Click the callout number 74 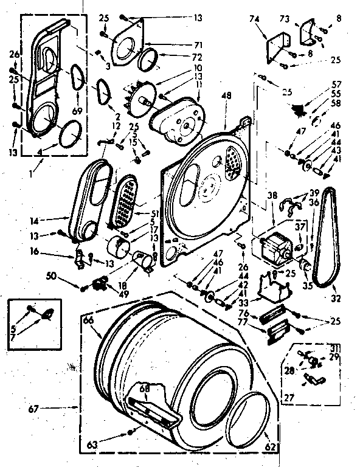click(255, 19)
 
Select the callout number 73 click(284, 19)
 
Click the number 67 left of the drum click(33, 409)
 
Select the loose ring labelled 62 click(250, 420)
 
